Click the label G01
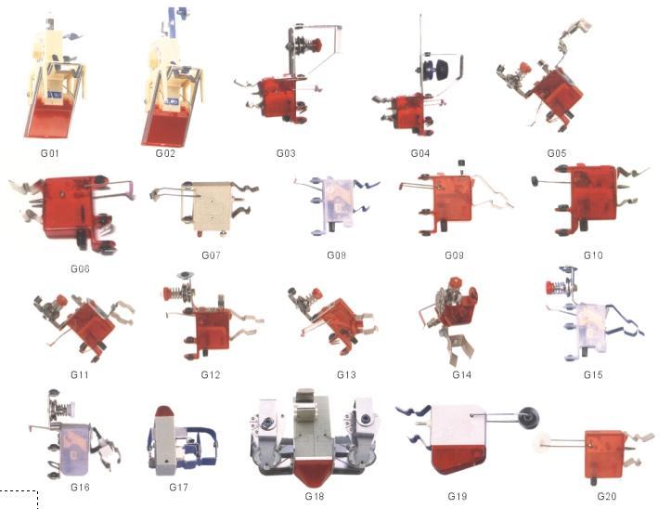point(49,151)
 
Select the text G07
point(212,254)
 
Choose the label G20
point(608,496)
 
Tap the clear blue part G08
point(333,202)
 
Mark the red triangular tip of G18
point(315,476)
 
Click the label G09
point(454,254)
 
